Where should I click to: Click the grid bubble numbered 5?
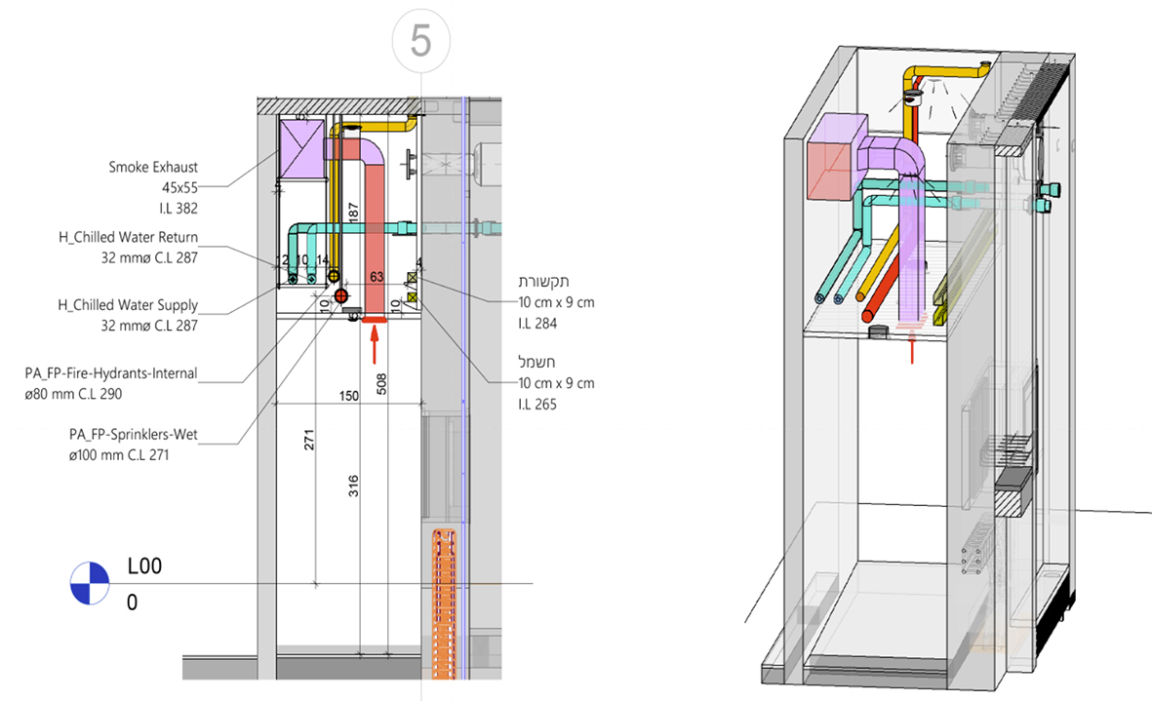(420, 41)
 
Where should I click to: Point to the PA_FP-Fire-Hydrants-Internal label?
(111, 373)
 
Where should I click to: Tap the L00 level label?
(144, 565)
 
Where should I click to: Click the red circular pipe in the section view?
(340, 295)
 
